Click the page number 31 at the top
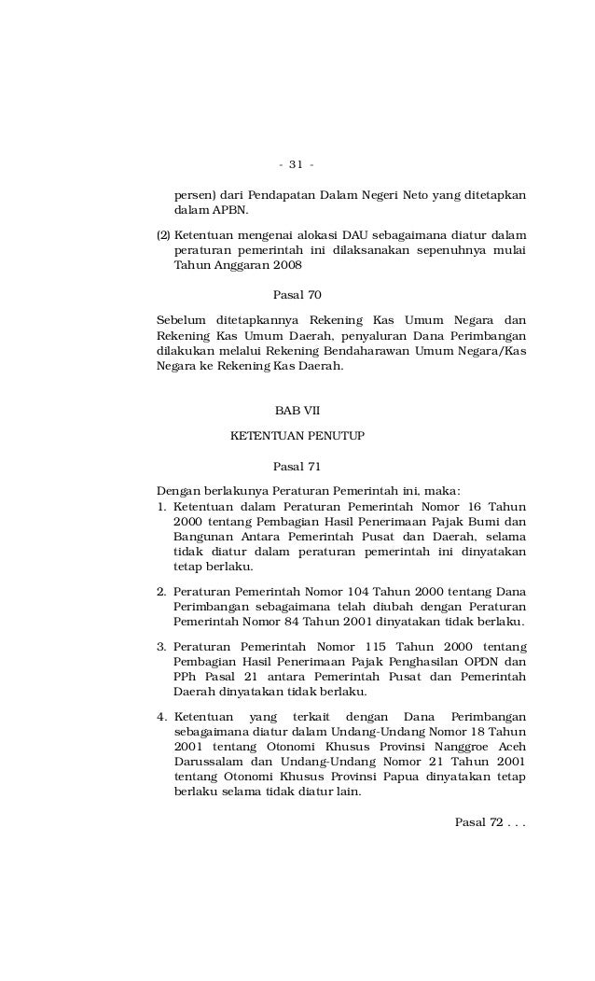click(297, 165)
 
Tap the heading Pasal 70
click(297, 295)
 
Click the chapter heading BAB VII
click(297, 411)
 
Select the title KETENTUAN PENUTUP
click(297, 435)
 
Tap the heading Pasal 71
click(297, 466)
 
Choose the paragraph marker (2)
click(163, 234)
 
